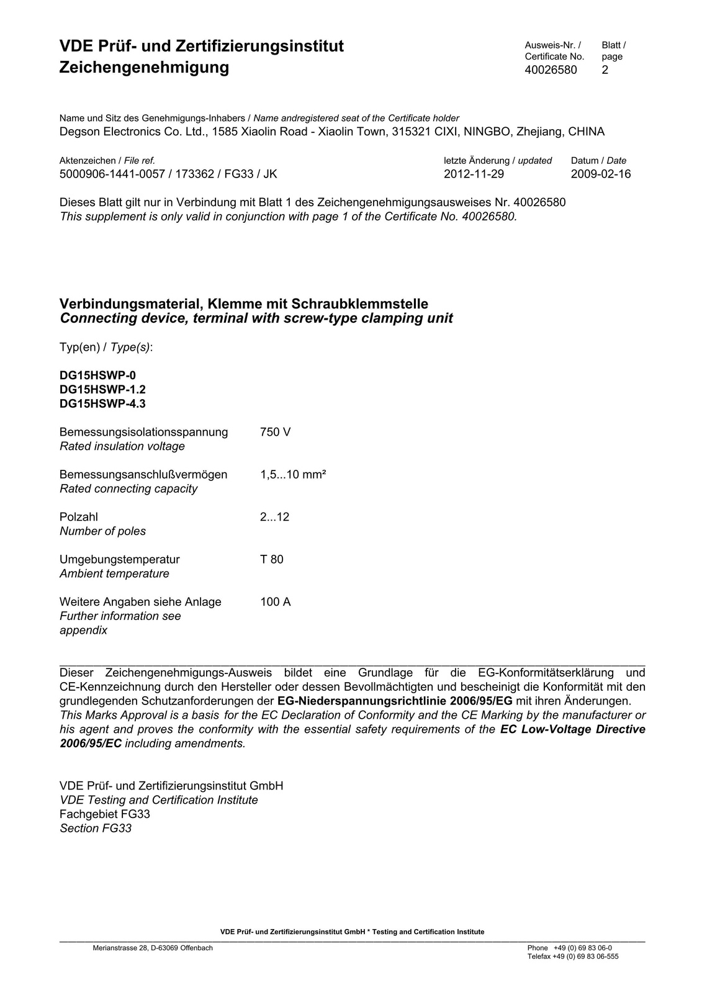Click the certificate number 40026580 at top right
pyautogui.click(x=551, y=70)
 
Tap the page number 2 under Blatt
pyautogui.click(x=605, y=70)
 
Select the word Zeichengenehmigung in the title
pyautogui.click(x=144, y=67)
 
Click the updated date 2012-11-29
pyautogui.click(x=474, y=174)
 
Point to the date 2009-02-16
pyautogui.click(x=600, y=174)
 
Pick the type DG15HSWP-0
pyautogui.click(x=97, y=375)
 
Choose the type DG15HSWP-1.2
pyautogui.click(x=102, y=390)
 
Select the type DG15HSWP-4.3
pyautogui.click(x=102, y=404)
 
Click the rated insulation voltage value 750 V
pyautogui.click(x=275, y=432)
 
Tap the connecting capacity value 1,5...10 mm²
pyautogui.click(x=293, y=475)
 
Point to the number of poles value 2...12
pyautogui.click(x=274, y=517)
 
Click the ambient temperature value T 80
pyautogui.click(x=272, y=559)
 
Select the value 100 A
pyautogui.click(x=276, y=602)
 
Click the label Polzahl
pyautogui.click(x=79, y=517)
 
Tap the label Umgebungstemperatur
pyautogui.click(x=120, y=559)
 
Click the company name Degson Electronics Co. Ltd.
pyautogui.click(x=133, y=132)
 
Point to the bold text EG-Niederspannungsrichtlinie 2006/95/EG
pyautogui.click(x=395, y=701)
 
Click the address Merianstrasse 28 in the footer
pyautogui.click(x=153, y=948)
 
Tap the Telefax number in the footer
pyautogui.click(x=573, y=956)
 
